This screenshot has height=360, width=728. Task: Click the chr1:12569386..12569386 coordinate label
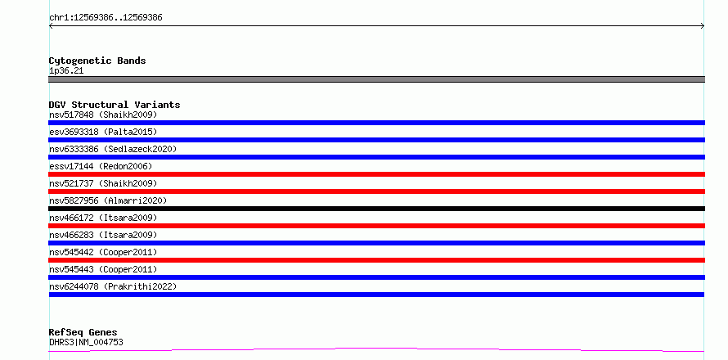[x=106, y=18]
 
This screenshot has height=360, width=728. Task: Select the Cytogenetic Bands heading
[x=97, y=61]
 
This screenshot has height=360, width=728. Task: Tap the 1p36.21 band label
[x=66, y=71]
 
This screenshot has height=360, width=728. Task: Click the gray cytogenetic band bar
[x=376, y=79]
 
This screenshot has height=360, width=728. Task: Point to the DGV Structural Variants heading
[x=115, y=105]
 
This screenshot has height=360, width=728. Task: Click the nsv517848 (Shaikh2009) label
[x=103, y=115]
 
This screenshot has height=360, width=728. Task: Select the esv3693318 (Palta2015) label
[x=103, y=132]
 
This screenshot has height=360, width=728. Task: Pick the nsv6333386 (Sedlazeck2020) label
[x=113, y=149]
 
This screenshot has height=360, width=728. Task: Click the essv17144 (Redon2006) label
[x=101, y=166]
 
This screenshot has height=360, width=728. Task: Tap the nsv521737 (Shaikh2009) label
[x=103, y=183]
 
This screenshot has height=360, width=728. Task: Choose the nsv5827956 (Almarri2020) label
[x=108, y=200]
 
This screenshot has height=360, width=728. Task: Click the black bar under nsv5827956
[x=376, y=209]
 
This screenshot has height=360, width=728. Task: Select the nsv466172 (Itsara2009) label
[x=103, y=218]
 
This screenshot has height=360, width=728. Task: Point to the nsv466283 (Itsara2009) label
[x=103, y=235]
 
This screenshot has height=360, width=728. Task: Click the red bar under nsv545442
[x=376, y=260]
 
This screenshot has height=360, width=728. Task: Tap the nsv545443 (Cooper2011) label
[x=103, y=269]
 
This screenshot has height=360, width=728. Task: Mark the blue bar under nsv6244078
[x=376, y=295]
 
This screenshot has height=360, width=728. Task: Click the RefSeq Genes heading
[x=83, y=333]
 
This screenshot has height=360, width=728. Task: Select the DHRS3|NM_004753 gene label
[x=86, y=343]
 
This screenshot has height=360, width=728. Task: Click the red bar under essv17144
[x=376, y=174]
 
